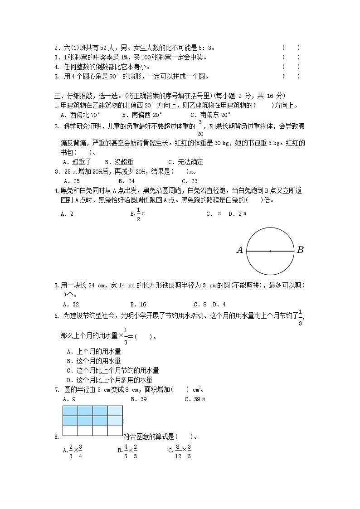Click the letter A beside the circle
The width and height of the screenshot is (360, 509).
[240, 250]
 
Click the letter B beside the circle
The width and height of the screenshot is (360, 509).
[300, 250]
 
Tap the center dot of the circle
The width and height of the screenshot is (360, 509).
[270, 251]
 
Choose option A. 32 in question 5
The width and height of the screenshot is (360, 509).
[71, 305]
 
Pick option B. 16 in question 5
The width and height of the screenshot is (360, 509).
[138, 305]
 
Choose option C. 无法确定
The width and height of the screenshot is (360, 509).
[185, 162]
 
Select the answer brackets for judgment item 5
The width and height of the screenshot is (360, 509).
[291, 77]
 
